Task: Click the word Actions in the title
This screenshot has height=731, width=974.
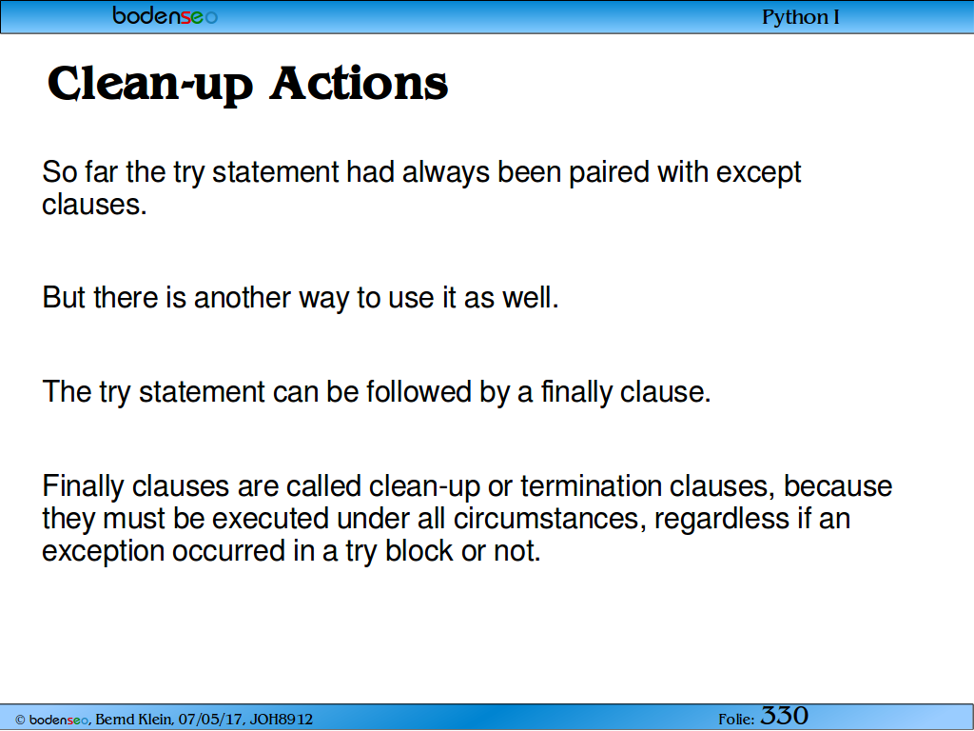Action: coord(359,84)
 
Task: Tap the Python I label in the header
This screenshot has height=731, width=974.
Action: coord(800,17)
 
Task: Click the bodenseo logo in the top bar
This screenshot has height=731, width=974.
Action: coord(166,15)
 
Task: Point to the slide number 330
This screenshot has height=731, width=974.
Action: coord(784,716)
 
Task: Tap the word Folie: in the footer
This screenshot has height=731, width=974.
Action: coord(736,720)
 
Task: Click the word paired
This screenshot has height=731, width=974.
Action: coord(609,173)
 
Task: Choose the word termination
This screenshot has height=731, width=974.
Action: coord(591,486)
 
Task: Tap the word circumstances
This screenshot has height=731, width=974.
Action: coord(546,519)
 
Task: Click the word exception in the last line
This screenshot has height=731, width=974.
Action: coord(103,552)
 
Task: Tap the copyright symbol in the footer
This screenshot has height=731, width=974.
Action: coord(20,721)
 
